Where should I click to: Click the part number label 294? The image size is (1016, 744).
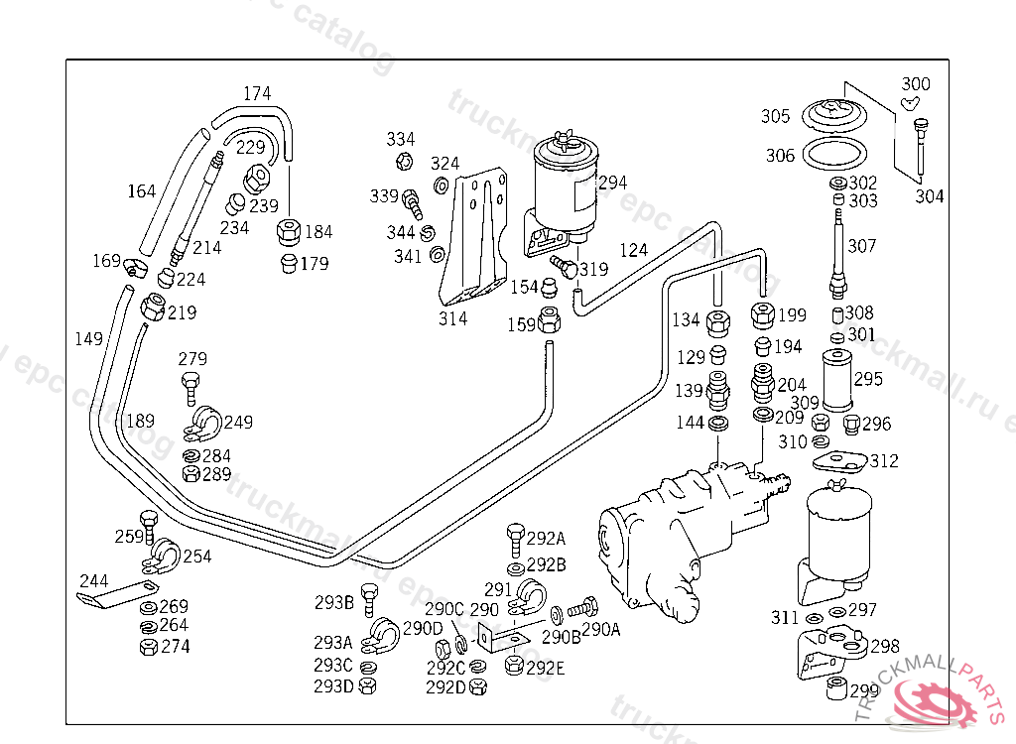(612, 183)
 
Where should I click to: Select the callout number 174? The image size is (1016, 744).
(257, 94)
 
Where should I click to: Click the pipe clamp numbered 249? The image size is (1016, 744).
(204, 423)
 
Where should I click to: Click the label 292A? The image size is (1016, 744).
(546, 539)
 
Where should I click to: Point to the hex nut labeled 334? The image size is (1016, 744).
(404, 161)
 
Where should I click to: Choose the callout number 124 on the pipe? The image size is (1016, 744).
(633, 250)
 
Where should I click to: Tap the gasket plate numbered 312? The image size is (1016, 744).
(839, 461)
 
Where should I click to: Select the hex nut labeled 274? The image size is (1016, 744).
(148, 647)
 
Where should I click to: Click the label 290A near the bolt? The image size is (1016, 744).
(600, 629)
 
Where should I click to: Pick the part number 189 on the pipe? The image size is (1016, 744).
(140, 421)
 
